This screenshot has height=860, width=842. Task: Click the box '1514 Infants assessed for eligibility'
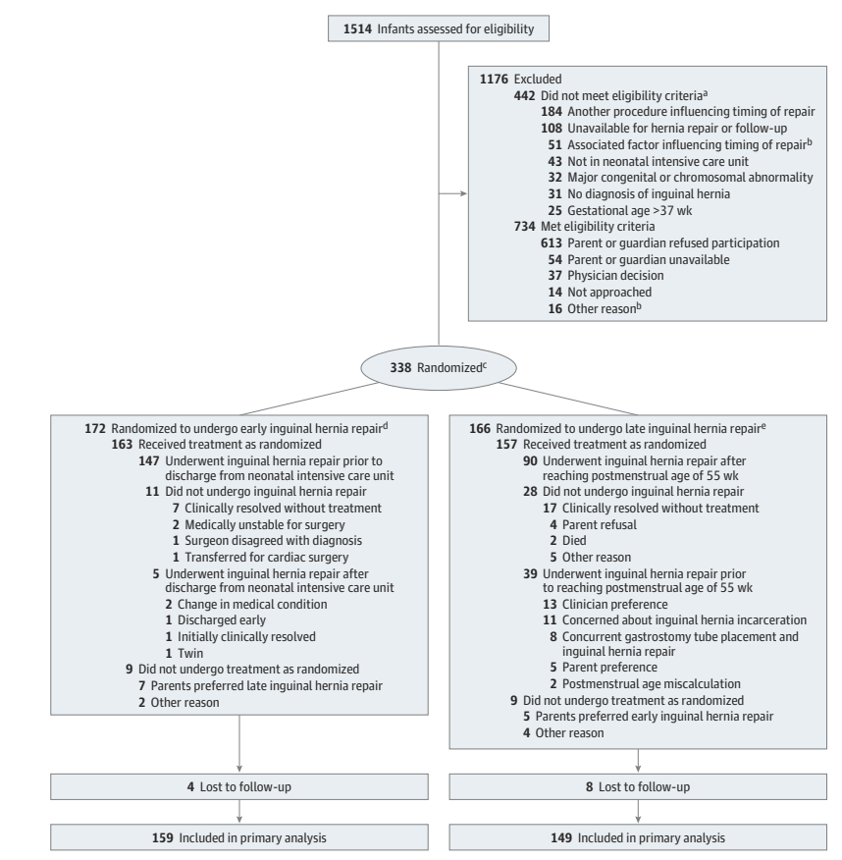tap(439, 29)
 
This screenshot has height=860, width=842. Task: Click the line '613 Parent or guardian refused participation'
tap(665, 242)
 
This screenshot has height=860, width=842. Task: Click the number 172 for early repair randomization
tap(94, 428)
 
